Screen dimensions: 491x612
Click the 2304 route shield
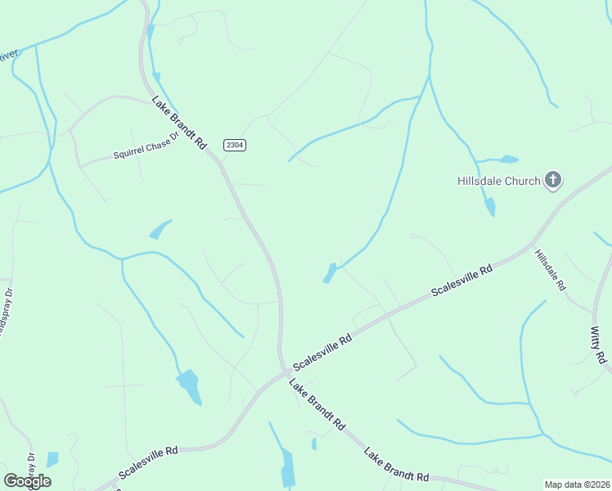click(x=235, y=145)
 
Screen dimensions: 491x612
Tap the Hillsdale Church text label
click(x=498, y=181)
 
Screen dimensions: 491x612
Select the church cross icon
click(x=553, y=180)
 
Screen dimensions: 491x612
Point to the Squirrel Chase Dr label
click(x=146, y=146)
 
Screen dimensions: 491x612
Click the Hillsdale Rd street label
click(x=550, y=271)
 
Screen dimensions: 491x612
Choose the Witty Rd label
click(x=598, y=345)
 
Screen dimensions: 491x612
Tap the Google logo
click(x=27, y=481)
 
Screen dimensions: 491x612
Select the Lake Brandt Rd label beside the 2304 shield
click(x=179, y=122)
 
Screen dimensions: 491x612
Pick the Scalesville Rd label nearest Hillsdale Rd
click(x=462, y=281)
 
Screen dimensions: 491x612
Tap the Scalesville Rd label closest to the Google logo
click(x=148, y=462)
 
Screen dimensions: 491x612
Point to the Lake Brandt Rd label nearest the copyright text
click(x=396, y=464)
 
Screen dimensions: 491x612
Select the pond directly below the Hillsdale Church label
click(x=489, y=207)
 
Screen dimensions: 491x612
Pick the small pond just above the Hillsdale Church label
click(x=508, y=159)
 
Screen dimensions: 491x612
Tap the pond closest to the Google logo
click(x=52, y=459)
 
